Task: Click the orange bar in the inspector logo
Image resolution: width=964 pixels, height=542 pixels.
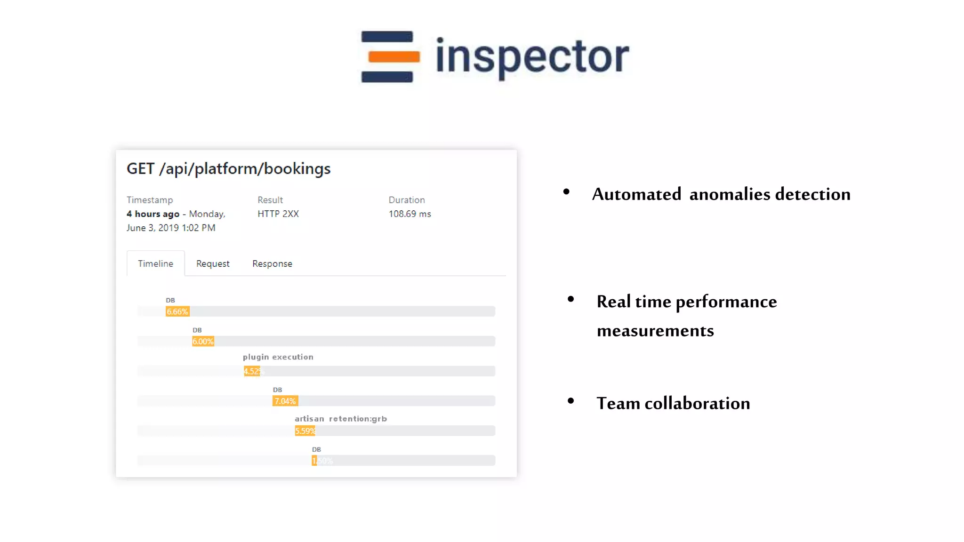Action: [394, 57]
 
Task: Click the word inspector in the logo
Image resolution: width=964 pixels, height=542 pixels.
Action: [532, 57]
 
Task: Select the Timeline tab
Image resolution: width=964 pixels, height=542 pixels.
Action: [155, 263]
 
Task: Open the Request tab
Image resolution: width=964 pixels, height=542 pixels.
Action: [213, 263]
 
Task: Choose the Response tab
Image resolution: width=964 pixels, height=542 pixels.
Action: [272, 263]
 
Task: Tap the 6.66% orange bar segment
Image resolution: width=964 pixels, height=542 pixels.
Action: [177, 311]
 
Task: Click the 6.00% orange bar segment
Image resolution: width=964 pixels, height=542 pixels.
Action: [203, 342]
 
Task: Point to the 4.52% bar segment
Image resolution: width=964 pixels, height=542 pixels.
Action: [252, 371]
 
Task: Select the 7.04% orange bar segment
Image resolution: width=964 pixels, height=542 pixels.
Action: [285, 401]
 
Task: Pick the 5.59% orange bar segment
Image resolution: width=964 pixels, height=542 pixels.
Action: [305, 431]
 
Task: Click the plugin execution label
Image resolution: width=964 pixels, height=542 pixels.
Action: [278, 357]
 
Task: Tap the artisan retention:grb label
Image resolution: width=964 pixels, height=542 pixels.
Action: [340, 419]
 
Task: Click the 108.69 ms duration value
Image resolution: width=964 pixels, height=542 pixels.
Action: [410, 214]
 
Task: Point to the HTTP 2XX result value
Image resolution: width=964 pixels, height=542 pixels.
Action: [278, 214]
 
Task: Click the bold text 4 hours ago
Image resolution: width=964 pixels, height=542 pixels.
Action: [153, 214]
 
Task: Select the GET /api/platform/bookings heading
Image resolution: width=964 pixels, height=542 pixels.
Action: [228, 168]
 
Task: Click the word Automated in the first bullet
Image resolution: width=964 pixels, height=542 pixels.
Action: [636, 194]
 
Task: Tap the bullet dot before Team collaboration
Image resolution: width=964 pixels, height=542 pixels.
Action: [571, 401]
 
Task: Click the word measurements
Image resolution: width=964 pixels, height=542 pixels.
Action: [655, 331]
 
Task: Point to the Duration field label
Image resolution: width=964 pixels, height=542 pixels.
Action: [407, 200]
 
